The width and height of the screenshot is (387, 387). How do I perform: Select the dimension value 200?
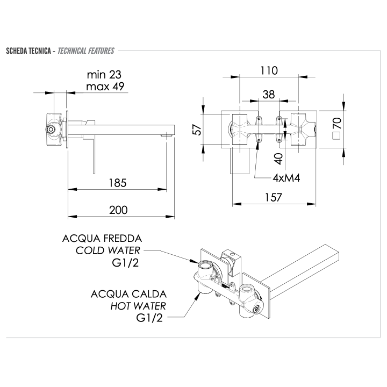118,210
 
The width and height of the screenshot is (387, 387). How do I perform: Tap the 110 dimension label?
268,70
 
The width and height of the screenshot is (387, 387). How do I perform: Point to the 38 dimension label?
268,94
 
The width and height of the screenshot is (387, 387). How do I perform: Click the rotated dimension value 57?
197,131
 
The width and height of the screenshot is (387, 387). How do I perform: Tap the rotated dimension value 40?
277,159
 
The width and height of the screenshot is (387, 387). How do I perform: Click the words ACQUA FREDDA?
102,238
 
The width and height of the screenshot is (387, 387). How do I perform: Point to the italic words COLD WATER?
108,250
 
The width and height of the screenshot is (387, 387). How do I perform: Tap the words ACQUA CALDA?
128,294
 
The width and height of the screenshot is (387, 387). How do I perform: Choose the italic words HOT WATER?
138,306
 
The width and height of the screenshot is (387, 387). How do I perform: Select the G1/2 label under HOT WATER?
151,318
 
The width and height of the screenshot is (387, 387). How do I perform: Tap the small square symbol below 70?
336,136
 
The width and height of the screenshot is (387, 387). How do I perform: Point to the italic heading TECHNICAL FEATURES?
85,51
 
